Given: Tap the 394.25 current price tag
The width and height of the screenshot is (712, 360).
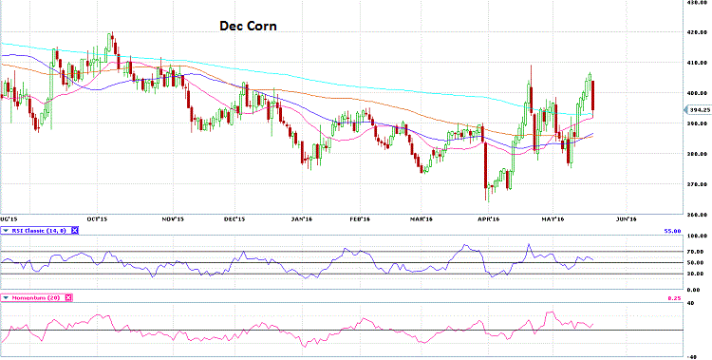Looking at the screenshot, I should (698, 109).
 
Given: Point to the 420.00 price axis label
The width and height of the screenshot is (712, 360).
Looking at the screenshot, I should (698, 32).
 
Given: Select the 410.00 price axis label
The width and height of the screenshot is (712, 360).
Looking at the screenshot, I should (698, 63).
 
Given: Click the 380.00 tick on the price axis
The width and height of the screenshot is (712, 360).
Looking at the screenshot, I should (698, 154).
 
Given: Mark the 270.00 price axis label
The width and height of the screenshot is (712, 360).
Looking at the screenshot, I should (698, 184).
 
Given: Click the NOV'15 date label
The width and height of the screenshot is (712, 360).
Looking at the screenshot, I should (172, 218).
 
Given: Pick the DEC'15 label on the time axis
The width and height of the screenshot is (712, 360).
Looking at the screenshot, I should (234, 218).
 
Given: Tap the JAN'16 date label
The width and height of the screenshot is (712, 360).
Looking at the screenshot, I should (302, 218).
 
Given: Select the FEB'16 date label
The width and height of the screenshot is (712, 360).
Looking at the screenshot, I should (360, 218).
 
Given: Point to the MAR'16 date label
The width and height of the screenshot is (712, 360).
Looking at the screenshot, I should (423, 218).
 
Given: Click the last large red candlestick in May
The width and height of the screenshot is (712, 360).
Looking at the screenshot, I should (593, 99).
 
